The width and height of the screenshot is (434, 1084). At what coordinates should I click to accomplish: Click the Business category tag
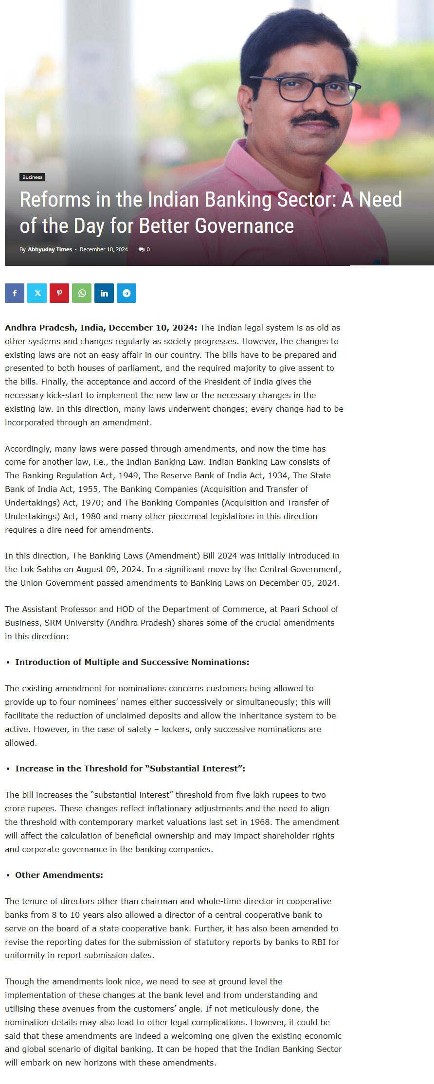pos(32,177)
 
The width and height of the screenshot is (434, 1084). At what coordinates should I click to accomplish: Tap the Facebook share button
pos(15,293)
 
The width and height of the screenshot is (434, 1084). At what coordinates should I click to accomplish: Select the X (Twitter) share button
pos(37,293)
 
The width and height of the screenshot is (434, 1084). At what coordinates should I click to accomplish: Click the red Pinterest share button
pos(59,293)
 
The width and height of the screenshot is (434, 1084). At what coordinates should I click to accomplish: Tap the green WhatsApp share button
pos(82,293)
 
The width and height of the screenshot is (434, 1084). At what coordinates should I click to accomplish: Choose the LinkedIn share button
pos(104,293)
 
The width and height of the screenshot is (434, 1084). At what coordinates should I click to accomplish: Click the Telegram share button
pos(127,293)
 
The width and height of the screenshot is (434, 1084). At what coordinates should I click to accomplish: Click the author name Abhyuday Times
pos(50,249)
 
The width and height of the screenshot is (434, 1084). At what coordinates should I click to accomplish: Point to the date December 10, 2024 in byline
pos(104,249)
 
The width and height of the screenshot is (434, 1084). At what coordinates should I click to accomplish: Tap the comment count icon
pos(142,249)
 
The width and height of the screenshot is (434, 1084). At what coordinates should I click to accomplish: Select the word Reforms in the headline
pos(55,200)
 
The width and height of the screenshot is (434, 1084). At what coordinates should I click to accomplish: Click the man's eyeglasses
pos(311,87)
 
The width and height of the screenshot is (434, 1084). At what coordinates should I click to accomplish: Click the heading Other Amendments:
pos(59,875)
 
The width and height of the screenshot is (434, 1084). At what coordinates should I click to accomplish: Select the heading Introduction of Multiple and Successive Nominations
pos(132,662)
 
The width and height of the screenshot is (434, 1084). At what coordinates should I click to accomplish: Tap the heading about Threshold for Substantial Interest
pos(130,769)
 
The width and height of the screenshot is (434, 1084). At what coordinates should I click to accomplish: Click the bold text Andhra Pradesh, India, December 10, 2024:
pos(101,328)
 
